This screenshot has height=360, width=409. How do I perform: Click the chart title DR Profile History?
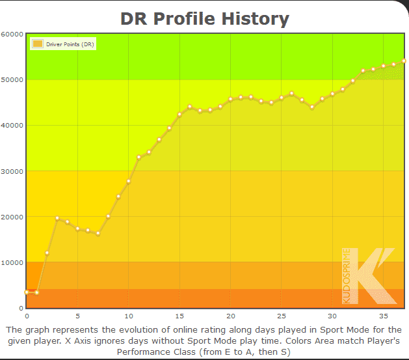pos(205,18)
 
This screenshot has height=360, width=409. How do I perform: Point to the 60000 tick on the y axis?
pos(13,34)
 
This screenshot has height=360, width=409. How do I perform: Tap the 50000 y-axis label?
pos(13,79)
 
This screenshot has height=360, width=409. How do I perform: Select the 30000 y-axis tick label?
pos(13,171)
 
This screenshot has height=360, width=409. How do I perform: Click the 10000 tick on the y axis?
pos(13,262)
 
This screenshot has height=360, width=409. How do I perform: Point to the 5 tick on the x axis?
pos(77,316)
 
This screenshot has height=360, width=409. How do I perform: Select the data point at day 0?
pos(27,292)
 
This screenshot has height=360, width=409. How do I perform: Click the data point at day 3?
pos(57,219)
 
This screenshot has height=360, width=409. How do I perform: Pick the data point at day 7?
pos(98,233)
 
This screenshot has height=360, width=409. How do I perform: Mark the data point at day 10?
pos(129,181)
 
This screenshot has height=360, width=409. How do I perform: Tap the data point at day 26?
pos(292,94)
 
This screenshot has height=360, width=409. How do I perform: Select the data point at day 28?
pos(312,107)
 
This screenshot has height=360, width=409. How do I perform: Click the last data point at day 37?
pos(404,61)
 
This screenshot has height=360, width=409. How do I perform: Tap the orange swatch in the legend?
pos(37,44)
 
